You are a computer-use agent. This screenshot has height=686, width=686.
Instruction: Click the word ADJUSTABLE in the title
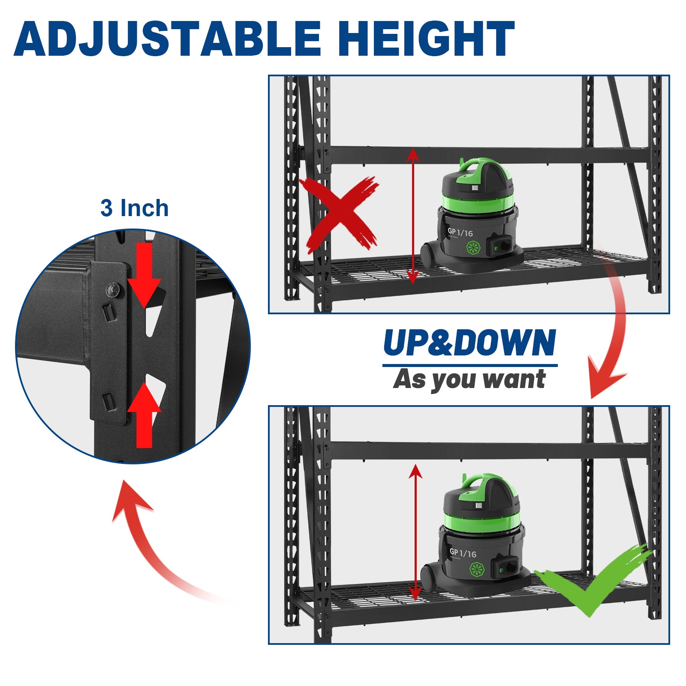tap(168, 39)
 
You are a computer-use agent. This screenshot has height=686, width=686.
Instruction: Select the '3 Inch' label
tap(135, 208)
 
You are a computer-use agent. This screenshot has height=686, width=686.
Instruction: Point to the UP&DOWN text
tap(470, 343)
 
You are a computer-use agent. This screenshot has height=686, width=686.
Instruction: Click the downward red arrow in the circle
tap(144, 274)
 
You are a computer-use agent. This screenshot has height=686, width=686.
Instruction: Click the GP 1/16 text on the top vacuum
tap(460, 232)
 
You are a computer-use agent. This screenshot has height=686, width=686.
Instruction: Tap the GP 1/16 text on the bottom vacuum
tap(463, 553)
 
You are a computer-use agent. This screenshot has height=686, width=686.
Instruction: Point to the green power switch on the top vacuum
tap(496, 248)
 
